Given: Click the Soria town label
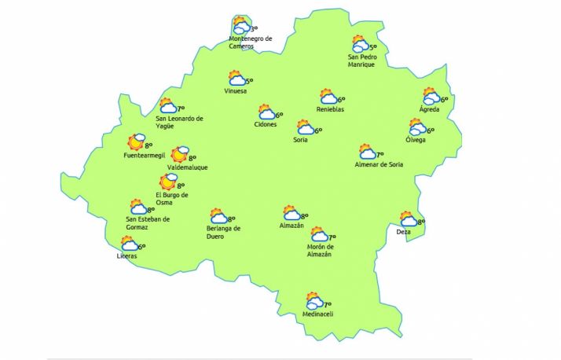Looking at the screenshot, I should [299, 140].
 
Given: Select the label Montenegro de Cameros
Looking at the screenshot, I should [250, 42].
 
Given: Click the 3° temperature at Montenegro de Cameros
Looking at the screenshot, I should [254, 28].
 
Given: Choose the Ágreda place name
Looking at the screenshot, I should [429, 109].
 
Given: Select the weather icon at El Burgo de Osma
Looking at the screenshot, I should [168, 182].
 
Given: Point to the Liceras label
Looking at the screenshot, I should [126, 256].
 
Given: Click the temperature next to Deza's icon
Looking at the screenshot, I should [421, 222].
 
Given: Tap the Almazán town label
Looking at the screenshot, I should [291, 226].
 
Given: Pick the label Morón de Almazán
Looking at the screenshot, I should [320, 251].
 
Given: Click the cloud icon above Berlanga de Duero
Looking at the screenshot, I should [218, 215].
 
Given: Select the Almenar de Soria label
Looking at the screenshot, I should [379, 164].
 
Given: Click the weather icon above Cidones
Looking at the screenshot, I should [267, 113].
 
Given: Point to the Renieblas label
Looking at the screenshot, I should [331, 109].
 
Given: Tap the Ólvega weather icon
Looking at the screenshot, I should [417, 127].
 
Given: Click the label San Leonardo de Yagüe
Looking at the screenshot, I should [180, 123].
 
